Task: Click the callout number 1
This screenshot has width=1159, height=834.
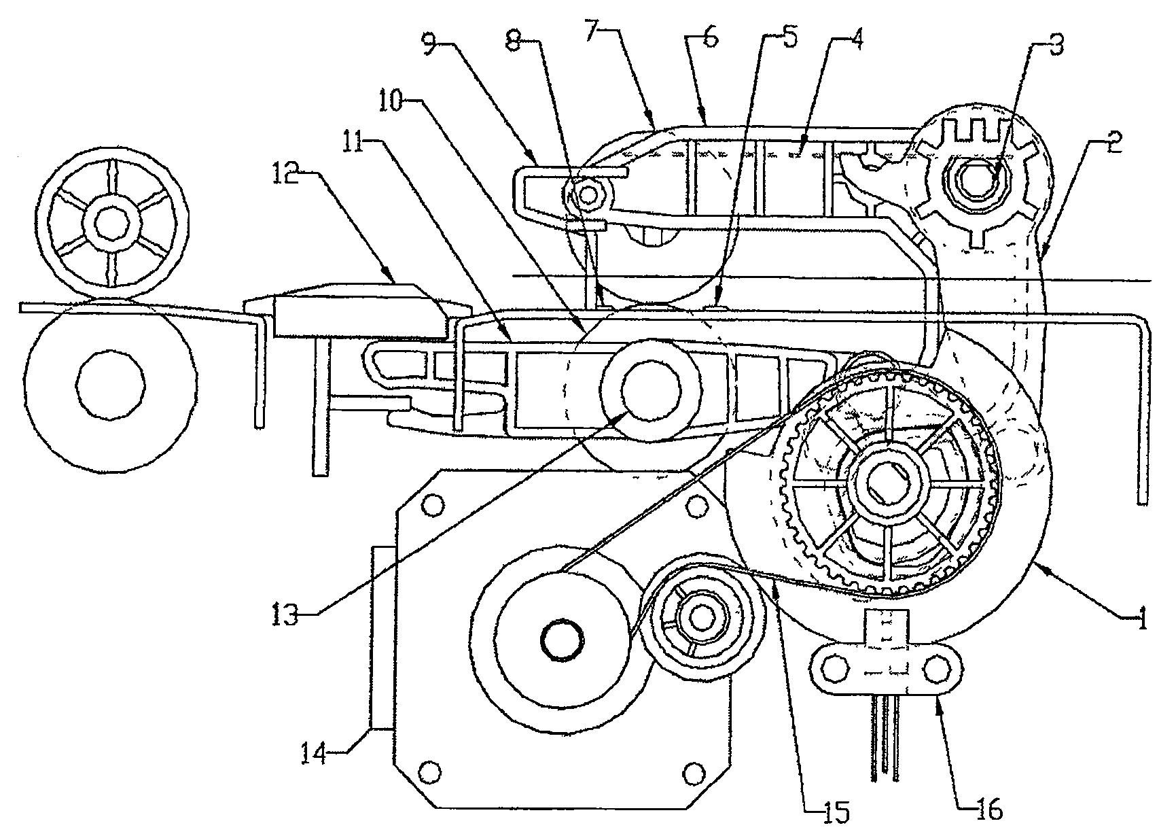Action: pos(1141,619)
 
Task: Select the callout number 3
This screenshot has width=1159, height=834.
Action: pos(1052,46)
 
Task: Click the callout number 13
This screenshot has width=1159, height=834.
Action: pos(285,616)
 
